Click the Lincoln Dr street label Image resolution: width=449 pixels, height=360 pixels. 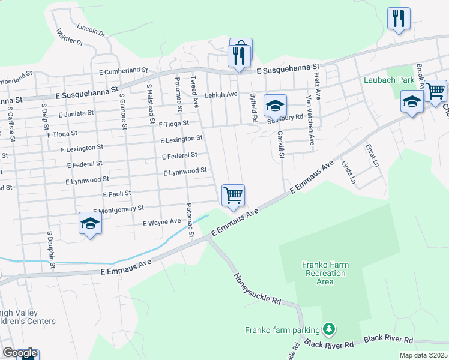click(91, 28)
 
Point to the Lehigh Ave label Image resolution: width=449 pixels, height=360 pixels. click(221, 95)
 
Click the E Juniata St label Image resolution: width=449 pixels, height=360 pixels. click(76, 112)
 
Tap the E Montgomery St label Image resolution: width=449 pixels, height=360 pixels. click(119, 208)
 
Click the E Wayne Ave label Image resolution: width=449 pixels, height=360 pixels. click(161, 222)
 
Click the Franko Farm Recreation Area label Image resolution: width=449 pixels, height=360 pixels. click(325, 273)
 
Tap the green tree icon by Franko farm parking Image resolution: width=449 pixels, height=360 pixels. click(328, 329)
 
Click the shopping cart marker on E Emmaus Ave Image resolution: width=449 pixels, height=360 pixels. click(233, 195)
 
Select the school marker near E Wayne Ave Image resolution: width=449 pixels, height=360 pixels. click(90, 224)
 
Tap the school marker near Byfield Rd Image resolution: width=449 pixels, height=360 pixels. click(275, 106)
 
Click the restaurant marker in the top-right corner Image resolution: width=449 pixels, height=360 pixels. click(399, 19)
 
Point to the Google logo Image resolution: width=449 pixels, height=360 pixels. click(20, 353)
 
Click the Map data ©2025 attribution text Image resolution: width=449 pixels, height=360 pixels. click(423, 355)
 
